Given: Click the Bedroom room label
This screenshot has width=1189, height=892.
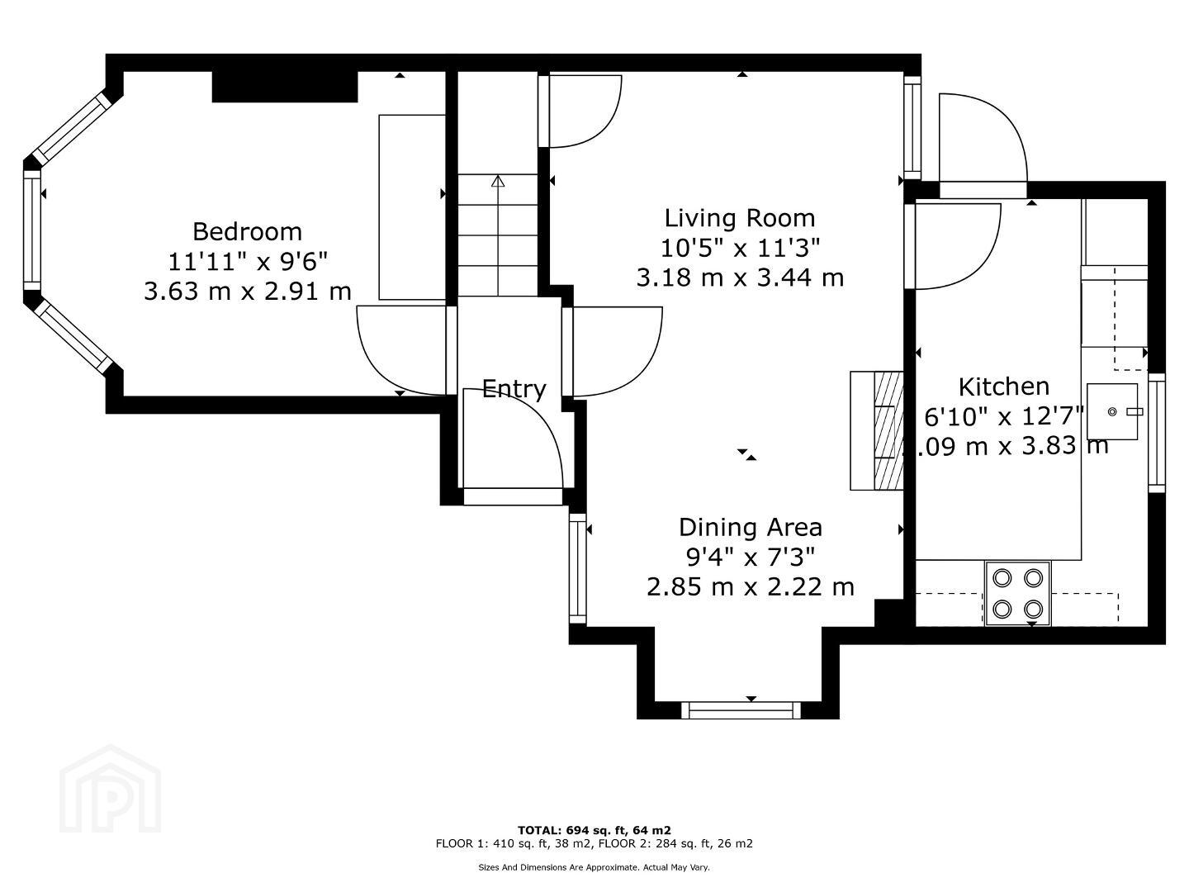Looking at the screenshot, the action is [247, 232].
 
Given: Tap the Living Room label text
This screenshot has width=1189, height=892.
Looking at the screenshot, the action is [740, 218].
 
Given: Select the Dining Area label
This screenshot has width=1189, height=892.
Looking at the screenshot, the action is [751, 528].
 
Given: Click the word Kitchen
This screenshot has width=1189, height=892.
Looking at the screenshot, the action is [1004, 387].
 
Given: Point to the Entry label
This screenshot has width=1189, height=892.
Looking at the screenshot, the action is [514, 389].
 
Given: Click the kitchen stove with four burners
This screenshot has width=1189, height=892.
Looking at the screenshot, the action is [1018, 594].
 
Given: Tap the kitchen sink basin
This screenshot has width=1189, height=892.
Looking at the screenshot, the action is [1112, 411].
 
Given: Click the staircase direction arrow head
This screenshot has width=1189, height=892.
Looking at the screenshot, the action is [498, 181].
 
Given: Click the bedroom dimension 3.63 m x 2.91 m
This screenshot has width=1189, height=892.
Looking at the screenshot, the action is [248, 292].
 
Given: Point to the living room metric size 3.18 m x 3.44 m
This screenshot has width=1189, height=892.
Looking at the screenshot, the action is [740, 278].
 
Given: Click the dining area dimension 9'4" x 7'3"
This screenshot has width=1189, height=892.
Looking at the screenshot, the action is [751, 557].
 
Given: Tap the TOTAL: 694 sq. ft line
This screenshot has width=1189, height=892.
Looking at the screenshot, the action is [594, 830].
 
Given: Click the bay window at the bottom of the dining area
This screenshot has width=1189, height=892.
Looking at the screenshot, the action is [741, 710].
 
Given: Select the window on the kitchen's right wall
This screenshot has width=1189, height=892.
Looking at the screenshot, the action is [1157, 433].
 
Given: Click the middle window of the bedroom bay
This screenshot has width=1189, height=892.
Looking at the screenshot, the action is [32, 230].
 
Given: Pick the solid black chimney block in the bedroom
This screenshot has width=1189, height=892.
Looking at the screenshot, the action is [284, 87].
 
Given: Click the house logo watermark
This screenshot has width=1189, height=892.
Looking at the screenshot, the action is [111, 788].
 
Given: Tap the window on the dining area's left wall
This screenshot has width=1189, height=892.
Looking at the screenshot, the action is [578, 568].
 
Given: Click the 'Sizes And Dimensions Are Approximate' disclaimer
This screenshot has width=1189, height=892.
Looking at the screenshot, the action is [594, 867].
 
